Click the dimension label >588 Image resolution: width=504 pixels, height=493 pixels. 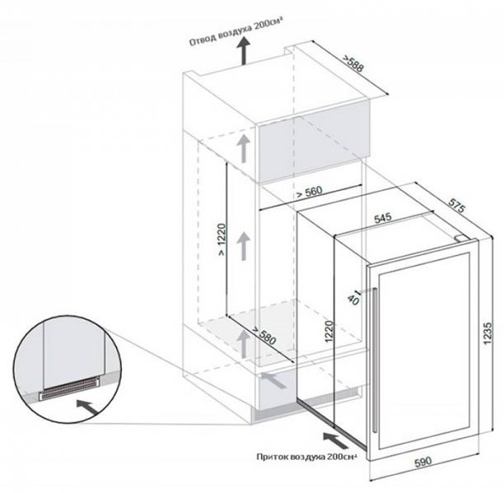[353, 63]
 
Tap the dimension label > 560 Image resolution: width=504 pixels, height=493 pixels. [309, 192]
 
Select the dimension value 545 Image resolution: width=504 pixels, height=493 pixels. [383, 218]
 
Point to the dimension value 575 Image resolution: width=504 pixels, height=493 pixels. [456, 206]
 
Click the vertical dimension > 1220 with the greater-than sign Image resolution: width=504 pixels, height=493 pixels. [222, 240]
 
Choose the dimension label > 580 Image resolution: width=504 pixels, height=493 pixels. [264, 335]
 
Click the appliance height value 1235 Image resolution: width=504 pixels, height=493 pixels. [488, 333]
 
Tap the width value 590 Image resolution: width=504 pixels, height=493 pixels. [423, 462]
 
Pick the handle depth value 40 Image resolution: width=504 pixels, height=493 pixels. [353, 299]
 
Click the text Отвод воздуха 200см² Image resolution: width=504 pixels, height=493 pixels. [236, 32]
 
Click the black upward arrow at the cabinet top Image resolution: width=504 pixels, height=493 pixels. [244, 50]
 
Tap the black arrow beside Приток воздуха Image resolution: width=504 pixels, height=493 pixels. [335, 440]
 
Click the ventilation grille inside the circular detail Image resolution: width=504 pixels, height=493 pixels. [69, 388]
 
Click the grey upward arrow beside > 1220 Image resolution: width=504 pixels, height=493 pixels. [244, 246]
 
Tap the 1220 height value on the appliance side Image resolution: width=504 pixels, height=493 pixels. [329, 332]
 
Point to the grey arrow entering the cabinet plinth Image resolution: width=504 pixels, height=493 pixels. [273, 380]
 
